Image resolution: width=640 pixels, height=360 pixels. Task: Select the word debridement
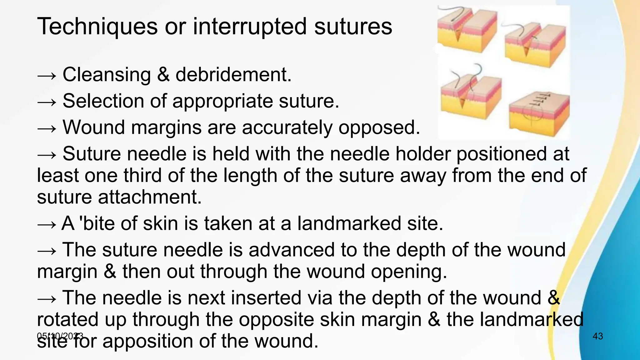(x=233, y=75)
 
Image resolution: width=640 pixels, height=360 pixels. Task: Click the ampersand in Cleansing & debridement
(x=163, y=75)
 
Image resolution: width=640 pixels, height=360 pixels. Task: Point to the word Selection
(x=103, y=101)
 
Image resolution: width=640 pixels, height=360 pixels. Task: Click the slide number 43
(x=597, y=336)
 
